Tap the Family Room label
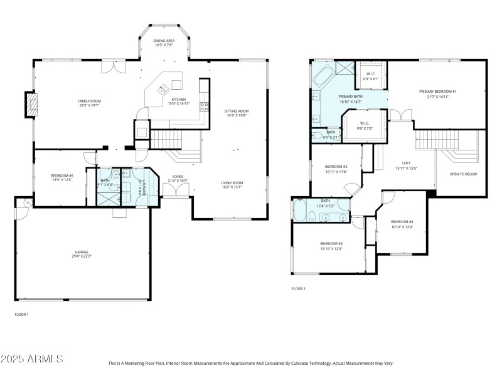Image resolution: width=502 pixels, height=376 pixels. (89, 102)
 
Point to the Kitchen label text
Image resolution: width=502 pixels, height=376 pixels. (179, 99)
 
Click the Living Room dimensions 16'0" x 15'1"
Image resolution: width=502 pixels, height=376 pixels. (232, 187)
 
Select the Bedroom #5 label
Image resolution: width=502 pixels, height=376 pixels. (62, 176)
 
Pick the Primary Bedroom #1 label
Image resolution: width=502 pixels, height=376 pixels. (438, 91)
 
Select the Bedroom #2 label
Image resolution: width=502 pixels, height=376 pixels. (336, 167)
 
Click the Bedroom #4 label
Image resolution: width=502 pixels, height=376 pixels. (402, 222)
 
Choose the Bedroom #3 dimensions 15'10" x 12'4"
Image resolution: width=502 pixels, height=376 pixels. (331, 249)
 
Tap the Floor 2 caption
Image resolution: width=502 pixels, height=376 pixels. (299, 289)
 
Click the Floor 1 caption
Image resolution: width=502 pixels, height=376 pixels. (22, 314)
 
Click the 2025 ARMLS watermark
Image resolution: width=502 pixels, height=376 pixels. (31, 359)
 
